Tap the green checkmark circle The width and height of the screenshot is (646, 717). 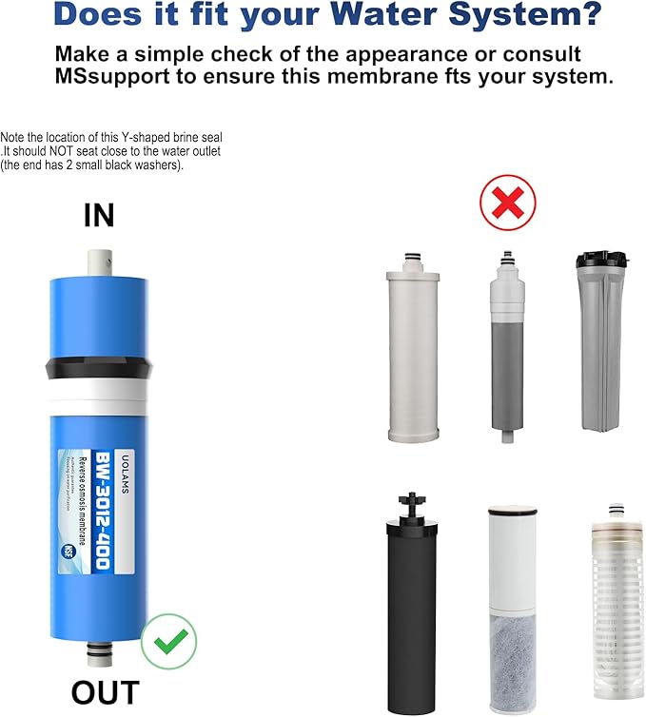click(168, 643)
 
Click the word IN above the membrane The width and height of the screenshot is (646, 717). click(99, 216)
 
